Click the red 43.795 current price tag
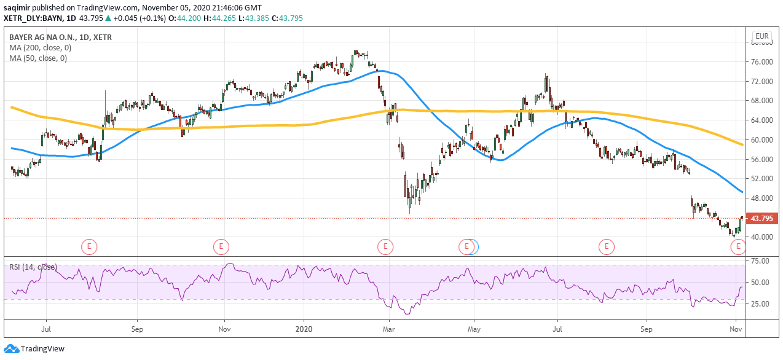(761, 218)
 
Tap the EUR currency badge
(761, 36)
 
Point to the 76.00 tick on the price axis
(761, 62)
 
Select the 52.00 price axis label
(761, 179)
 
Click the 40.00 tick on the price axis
(761, 237)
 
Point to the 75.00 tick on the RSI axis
(761, 261)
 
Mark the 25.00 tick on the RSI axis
(761, 303)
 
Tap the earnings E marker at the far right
(738, 247)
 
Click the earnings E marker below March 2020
(385, 247)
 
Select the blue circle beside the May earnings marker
(472, 247)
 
